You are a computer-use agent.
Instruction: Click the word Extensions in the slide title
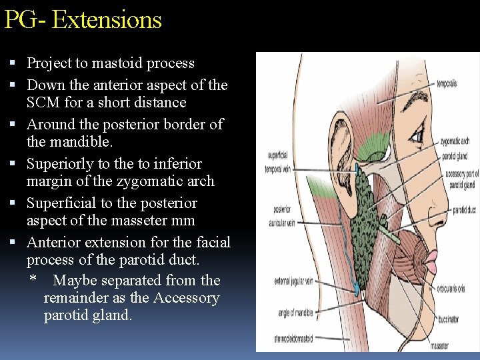coord(107,19)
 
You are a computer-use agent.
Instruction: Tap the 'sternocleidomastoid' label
coord(294,338)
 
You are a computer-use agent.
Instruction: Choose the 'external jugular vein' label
coord(293,281)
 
